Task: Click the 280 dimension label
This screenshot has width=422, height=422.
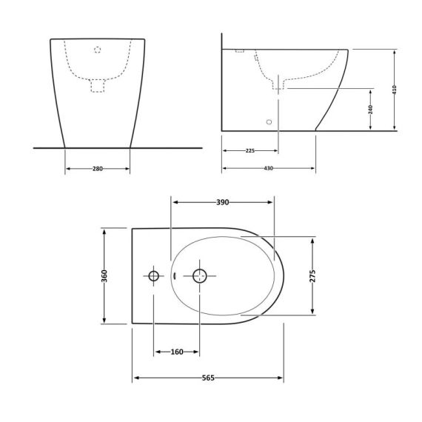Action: click(98, 169)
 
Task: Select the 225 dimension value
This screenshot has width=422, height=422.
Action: click(249, 151)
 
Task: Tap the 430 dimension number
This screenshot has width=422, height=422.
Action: click(268, 169)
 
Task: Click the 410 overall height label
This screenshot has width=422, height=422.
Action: click(395, 90)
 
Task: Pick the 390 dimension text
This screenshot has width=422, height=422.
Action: click(222, 201)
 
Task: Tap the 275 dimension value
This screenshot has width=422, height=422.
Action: click(313, 275)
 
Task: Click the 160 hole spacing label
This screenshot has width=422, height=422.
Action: click(177, 352)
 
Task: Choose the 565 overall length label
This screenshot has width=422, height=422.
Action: click(208, 378)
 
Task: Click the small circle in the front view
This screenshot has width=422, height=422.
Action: click(98, 50)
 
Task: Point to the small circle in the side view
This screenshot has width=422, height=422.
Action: click(268, 120)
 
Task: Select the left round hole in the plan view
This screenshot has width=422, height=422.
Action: click(154, 276)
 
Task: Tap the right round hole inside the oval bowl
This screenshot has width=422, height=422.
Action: click(199, 276)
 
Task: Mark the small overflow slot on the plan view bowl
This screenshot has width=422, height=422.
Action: click(175, 276)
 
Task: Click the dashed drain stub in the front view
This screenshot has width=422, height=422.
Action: click(98, 86)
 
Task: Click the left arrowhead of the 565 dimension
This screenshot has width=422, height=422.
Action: click(135, 378)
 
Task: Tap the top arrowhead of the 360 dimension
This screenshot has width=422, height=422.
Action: click(104, 232)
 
